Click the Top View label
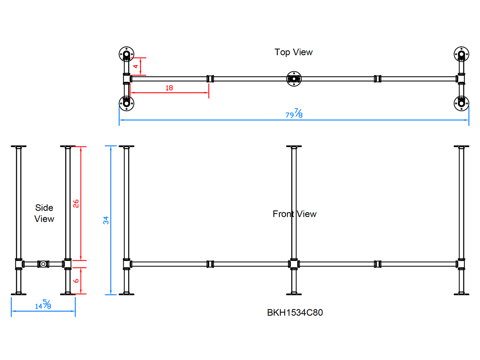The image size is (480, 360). [x=293, y=52]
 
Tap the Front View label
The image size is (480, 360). [x=294, y=214]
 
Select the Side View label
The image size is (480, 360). [x=44, y=213]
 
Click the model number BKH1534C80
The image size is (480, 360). [x=295, y=313]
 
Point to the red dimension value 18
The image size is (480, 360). [x=169, y=88]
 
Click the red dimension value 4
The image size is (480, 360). [x=136, y=66]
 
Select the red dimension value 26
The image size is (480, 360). [x=76, y=204]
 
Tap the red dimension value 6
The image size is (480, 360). [x=76, y=281]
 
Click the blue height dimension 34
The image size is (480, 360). [x=106, y=220]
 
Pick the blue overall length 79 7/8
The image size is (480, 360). [x=294, y=114]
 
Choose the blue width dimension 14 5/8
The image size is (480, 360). [x=43, y=305]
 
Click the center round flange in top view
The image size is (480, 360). [x=294, y=79]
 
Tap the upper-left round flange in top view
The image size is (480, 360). [x=127, y=54]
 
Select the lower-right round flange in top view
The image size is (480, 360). [x=461, y=103]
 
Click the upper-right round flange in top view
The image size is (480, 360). [x=461, y=54]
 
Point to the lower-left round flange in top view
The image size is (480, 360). [x=127, y=103]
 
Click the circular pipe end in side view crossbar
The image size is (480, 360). [x=43, y=264]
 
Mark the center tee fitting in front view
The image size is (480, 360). [x=294, y=264]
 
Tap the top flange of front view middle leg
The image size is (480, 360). [x=294, y=146]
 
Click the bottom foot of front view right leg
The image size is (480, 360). [x=461, y=294]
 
